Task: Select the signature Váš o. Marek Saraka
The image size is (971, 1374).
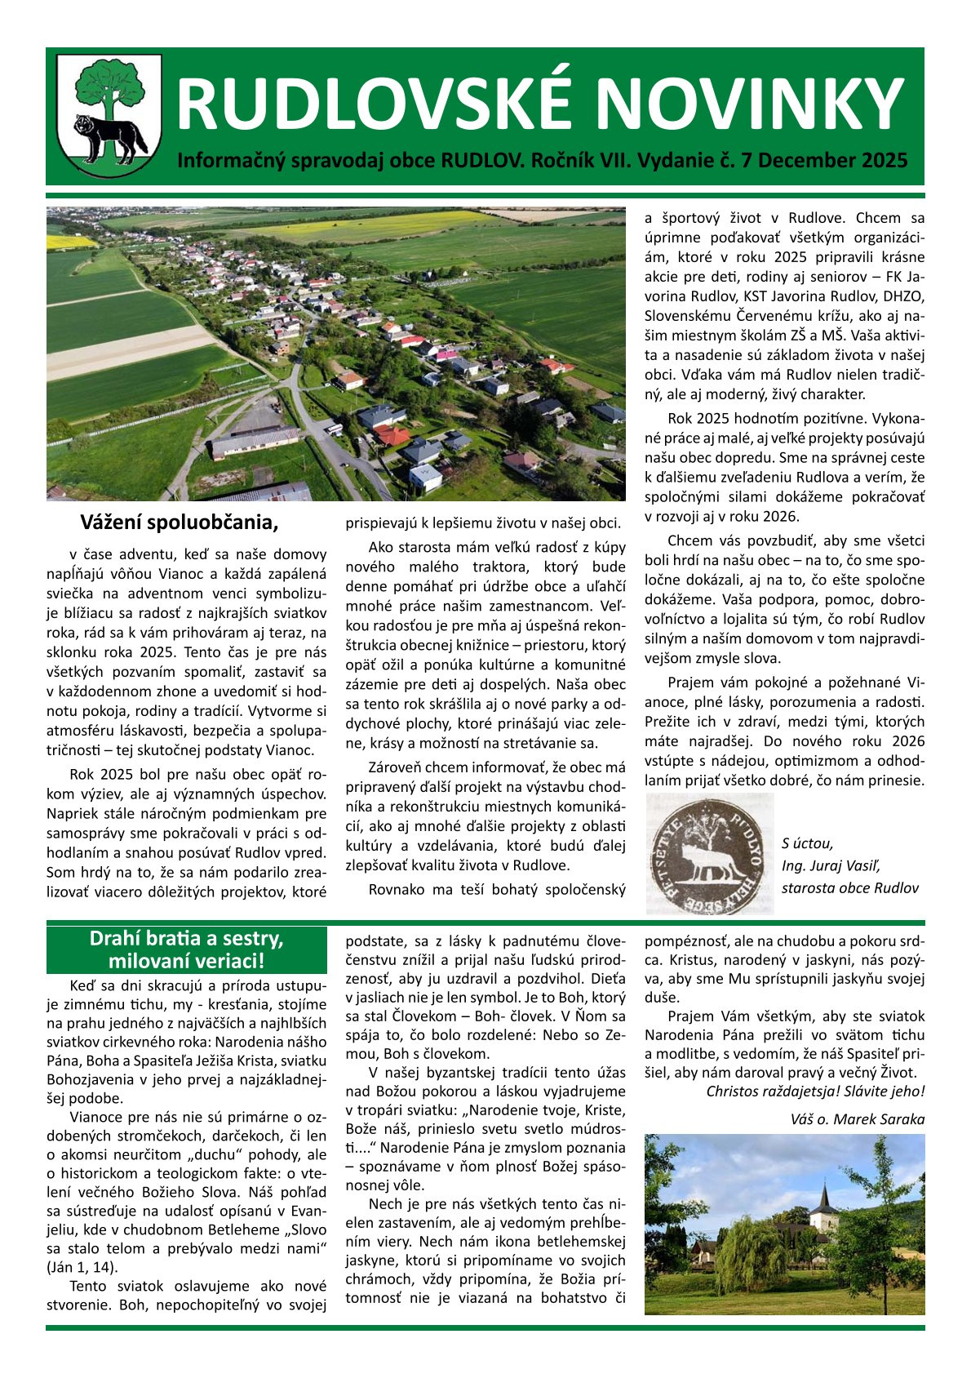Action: pos(858,1119)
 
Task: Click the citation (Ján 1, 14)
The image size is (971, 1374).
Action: pos(82,1267)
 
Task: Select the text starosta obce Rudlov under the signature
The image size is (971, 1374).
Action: pos(849,888)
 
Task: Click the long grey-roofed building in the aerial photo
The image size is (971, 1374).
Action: pos(255,442)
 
